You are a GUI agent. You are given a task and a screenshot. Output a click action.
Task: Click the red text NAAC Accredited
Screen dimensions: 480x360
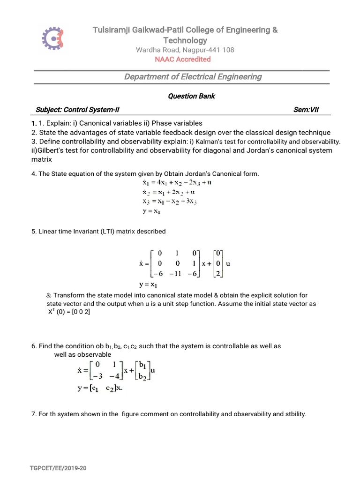pos(183,59)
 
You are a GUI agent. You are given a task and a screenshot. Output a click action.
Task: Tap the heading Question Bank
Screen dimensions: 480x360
pos(191,96)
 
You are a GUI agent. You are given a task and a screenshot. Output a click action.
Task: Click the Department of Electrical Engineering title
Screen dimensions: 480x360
pos(193,77)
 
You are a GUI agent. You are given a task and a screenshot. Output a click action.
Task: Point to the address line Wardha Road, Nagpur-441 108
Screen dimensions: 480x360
pos(185,50)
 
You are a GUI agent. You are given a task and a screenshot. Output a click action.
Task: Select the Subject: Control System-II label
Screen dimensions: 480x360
pos(77,110)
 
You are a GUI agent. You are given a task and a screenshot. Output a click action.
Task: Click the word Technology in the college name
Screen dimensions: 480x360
pos(185,40)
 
